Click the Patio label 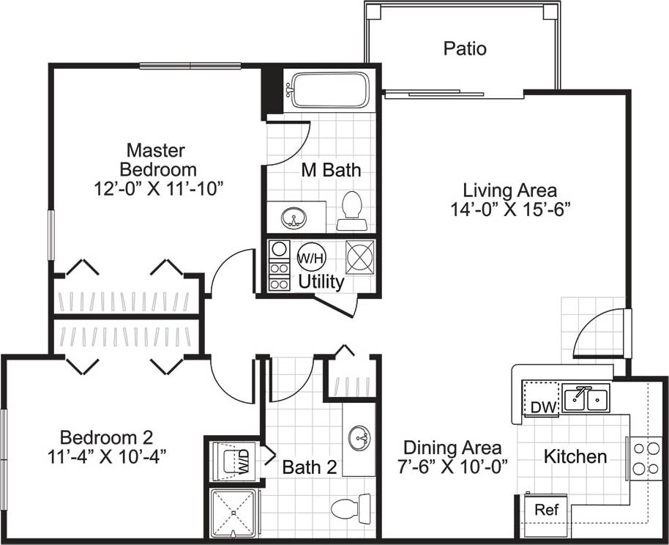tap(465, 49)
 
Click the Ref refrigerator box tap(544, 509)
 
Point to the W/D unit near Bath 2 tap(236, 461)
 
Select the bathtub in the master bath tap(327, 90)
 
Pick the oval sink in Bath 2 tap(359, 439)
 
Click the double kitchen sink tap(587, 398)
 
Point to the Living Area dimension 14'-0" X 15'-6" tap(510, 208)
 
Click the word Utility tap(321, 281)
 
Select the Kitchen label tap(575, 457)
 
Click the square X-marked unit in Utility tap(360, 257)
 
